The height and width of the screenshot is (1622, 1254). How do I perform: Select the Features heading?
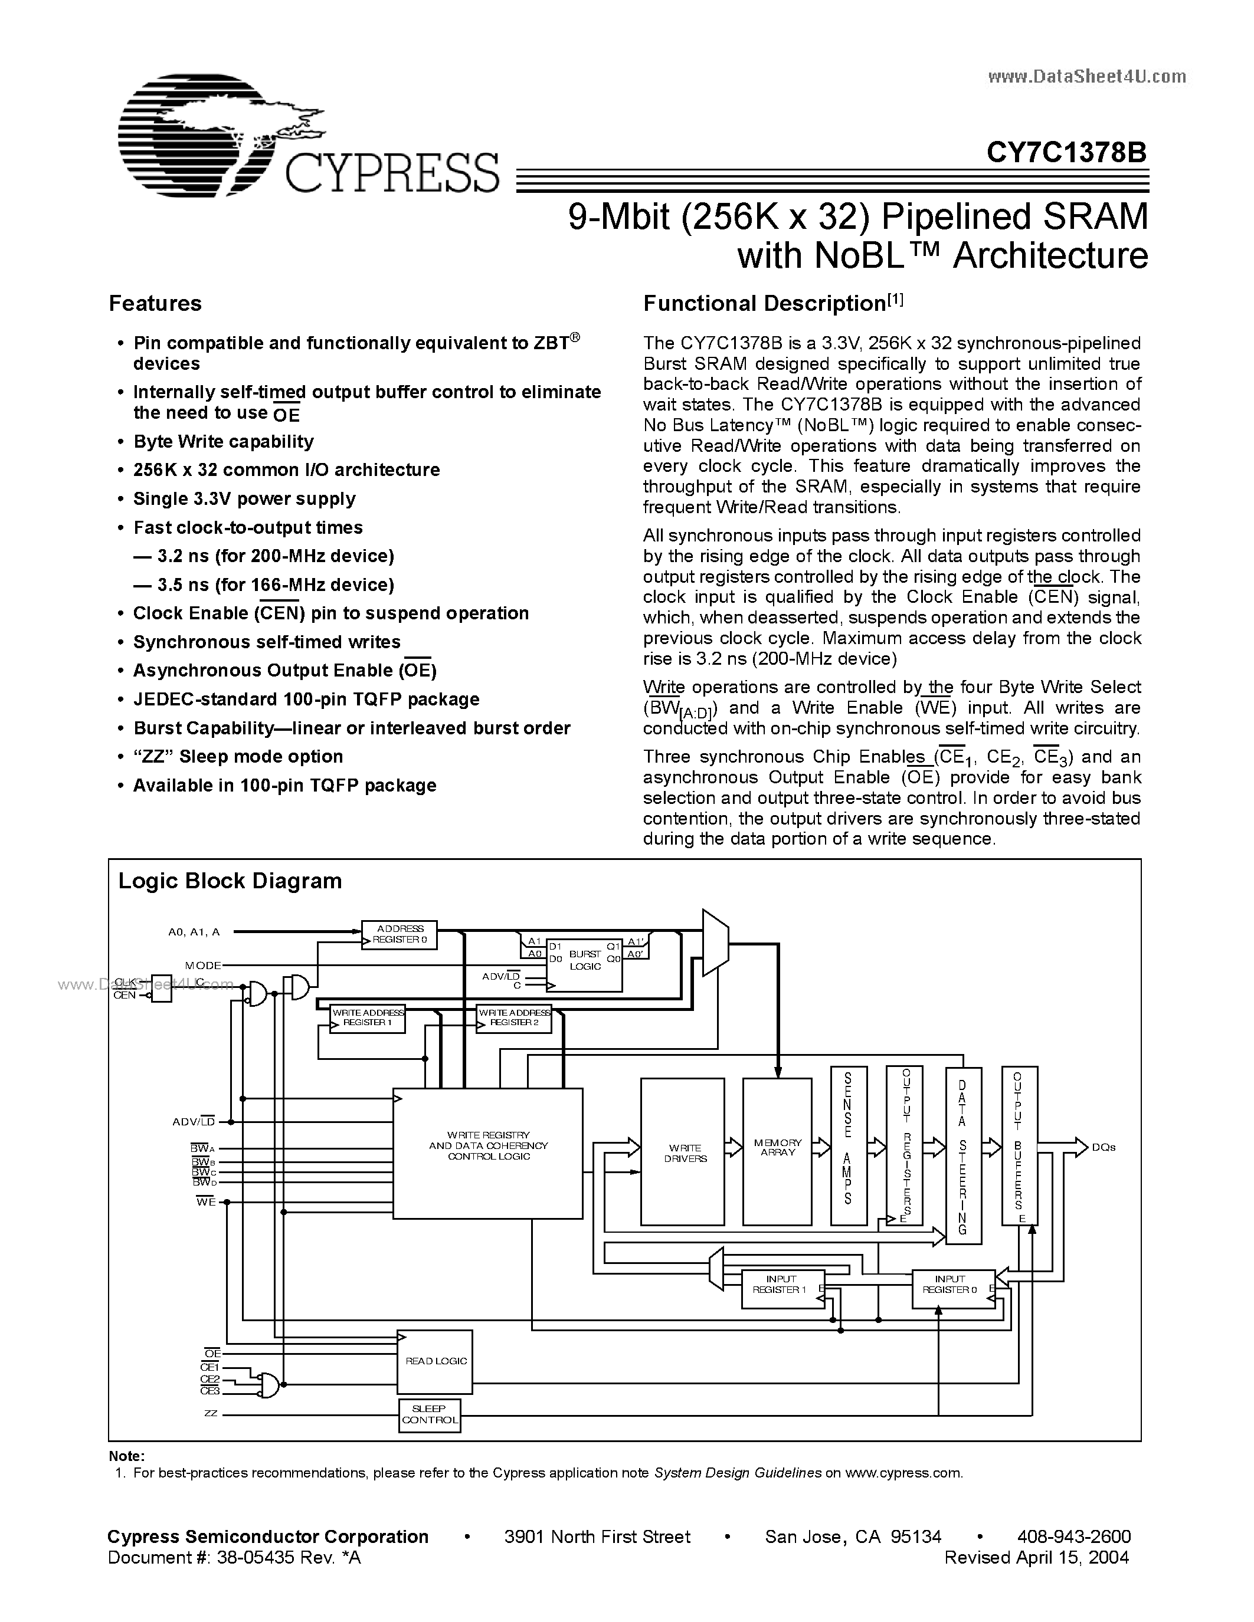tap(155, 303)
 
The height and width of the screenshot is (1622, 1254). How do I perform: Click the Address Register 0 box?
tap(400, 934)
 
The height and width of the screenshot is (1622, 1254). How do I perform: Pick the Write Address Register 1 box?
tap(368, 1018)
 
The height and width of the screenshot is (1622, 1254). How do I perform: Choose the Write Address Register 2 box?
tap(514, 1018)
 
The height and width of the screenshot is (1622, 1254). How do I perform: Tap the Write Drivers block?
tap(683, 1152)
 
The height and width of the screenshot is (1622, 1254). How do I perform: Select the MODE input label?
tap(203, 966)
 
